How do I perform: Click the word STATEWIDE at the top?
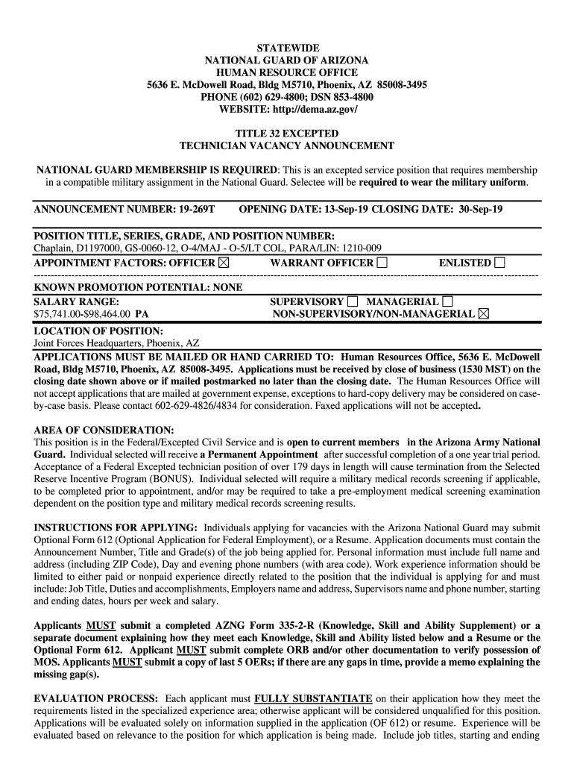(x=287, y=48)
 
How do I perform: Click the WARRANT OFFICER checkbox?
(x=382, y=263)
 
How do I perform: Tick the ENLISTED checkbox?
(x=499, y=263)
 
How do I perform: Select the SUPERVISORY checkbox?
(x=353, y=301)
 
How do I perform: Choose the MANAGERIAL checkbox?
(x=447, y=301)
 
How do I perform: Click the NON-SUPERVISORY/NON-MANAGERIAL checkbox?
(x=484, y=314)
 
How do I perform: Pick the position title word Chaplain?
(x=54, y=248)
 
